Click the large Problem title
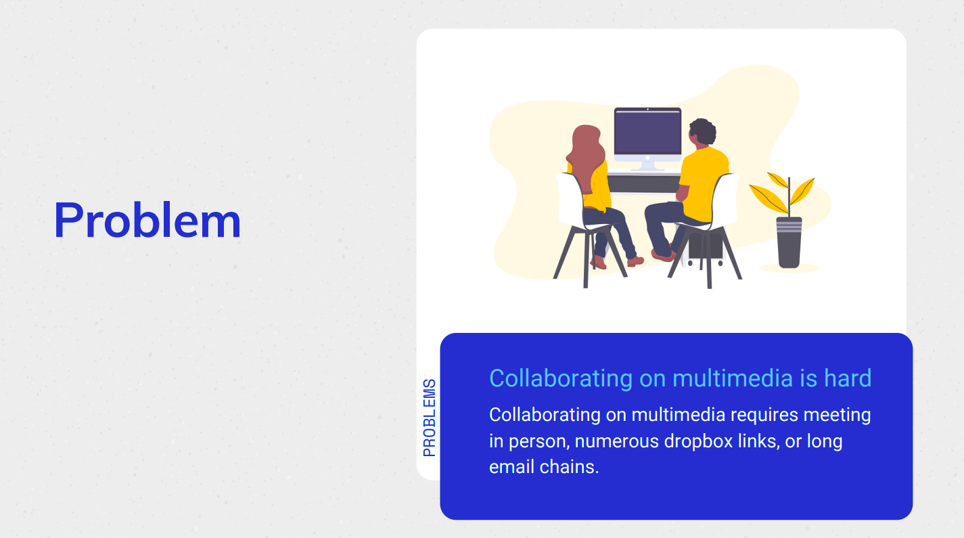[x=147, y=220]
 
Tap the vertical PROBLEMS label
[x=430, y=418]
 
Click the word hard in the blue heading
[x=848, y=378]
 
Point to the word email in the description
[x=511, y=467]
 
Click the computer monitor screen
[x=647, y=132]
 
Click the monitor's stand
[x=647, y=166]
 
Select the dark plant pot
[x=789, y=242]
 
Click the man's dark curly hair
[x=702, y=131]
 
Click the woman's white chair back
[x=569, y=199]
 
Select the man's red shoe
[x=662, y=255]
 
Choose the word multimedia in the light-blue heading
[x=733, y=378]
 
